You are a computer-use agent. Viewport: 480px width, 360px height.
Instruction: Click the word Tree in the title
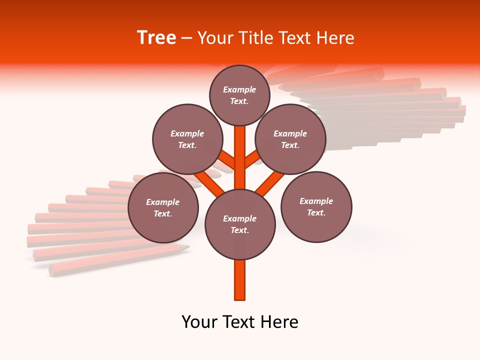pyautogui.click(x=156, y=38)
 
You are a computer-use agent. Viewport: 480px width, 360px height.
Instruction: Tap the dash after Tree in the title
pyautogui.click(x=187, y=38)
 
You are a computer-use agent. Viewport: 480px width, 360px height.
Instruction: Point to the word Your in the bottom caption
pyautogui.click(x=199, y=322)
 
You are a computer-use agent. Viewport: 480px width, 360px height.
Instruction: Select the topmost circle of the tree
pyautogui.click(x=239, y=95)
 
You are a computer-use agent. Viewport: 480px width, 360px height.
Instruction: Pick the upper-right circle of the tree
pyautogui.click(x=290, y=139)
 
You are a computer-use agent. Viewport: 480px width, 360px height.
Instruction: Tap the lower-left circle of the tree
pyautogui.click(x=163, y=207)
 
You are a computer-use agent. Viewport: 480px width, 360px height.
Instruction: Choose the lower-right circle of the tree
pyautogui.click(x=316, y=207)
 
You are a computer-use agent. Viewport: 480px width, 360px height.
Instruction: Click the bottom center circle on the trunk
pyautogui.click(x=240, y=224)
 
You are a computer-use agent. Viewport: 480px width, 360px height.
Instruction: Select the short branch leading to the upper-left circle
pyautogui.click(x=227, y=160)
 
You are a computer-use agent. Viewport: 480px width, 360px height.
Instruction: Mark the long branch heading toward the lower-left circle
pyautogui.click(x=210, y=182)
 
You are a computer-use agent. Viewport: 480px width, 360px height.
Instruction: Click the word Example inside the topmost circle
pyautogui.click(x=239, y=89)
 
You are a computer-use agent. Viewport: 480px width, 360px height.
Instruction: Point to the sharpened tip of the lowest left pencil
pyautogui.click(x=185, y=247)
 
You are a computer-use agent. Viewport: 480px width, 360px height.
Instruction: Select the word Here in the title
pyautogui.click(x=336, y=38)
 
